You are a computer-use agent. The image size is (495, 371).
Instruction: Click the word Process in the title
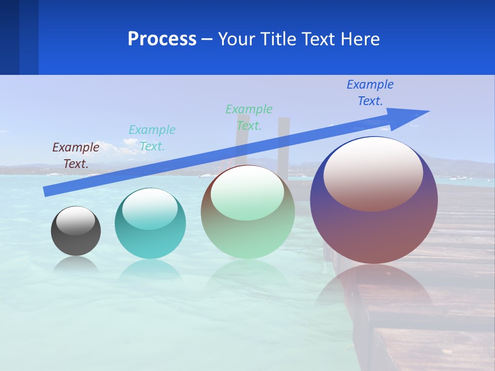click(162, 39)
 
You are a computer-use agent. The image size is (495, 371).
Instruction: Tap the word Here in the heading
click(359, 39)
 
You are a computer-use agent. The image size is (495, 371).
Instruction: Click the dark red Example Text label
click(76, 155)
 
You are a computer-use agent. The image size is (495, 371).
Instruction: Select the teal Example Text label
click(152, 138)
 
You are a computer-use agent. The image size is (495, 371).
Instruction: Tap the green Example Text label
click(249, 117)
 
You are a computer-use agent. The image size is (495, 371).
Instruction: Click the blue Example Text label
click(370, 92)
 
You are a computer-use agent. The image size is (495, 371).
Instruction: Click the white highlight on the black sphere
click(76, 220)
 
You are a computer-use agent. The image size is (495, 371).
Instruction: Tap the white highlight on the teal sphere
click(150, 208)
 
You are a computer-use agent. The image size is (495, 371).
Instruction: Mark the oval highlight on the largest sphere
click(373, 174)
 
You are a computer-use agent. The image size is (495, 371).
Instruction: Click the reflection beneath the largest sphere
click(374, 289)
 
